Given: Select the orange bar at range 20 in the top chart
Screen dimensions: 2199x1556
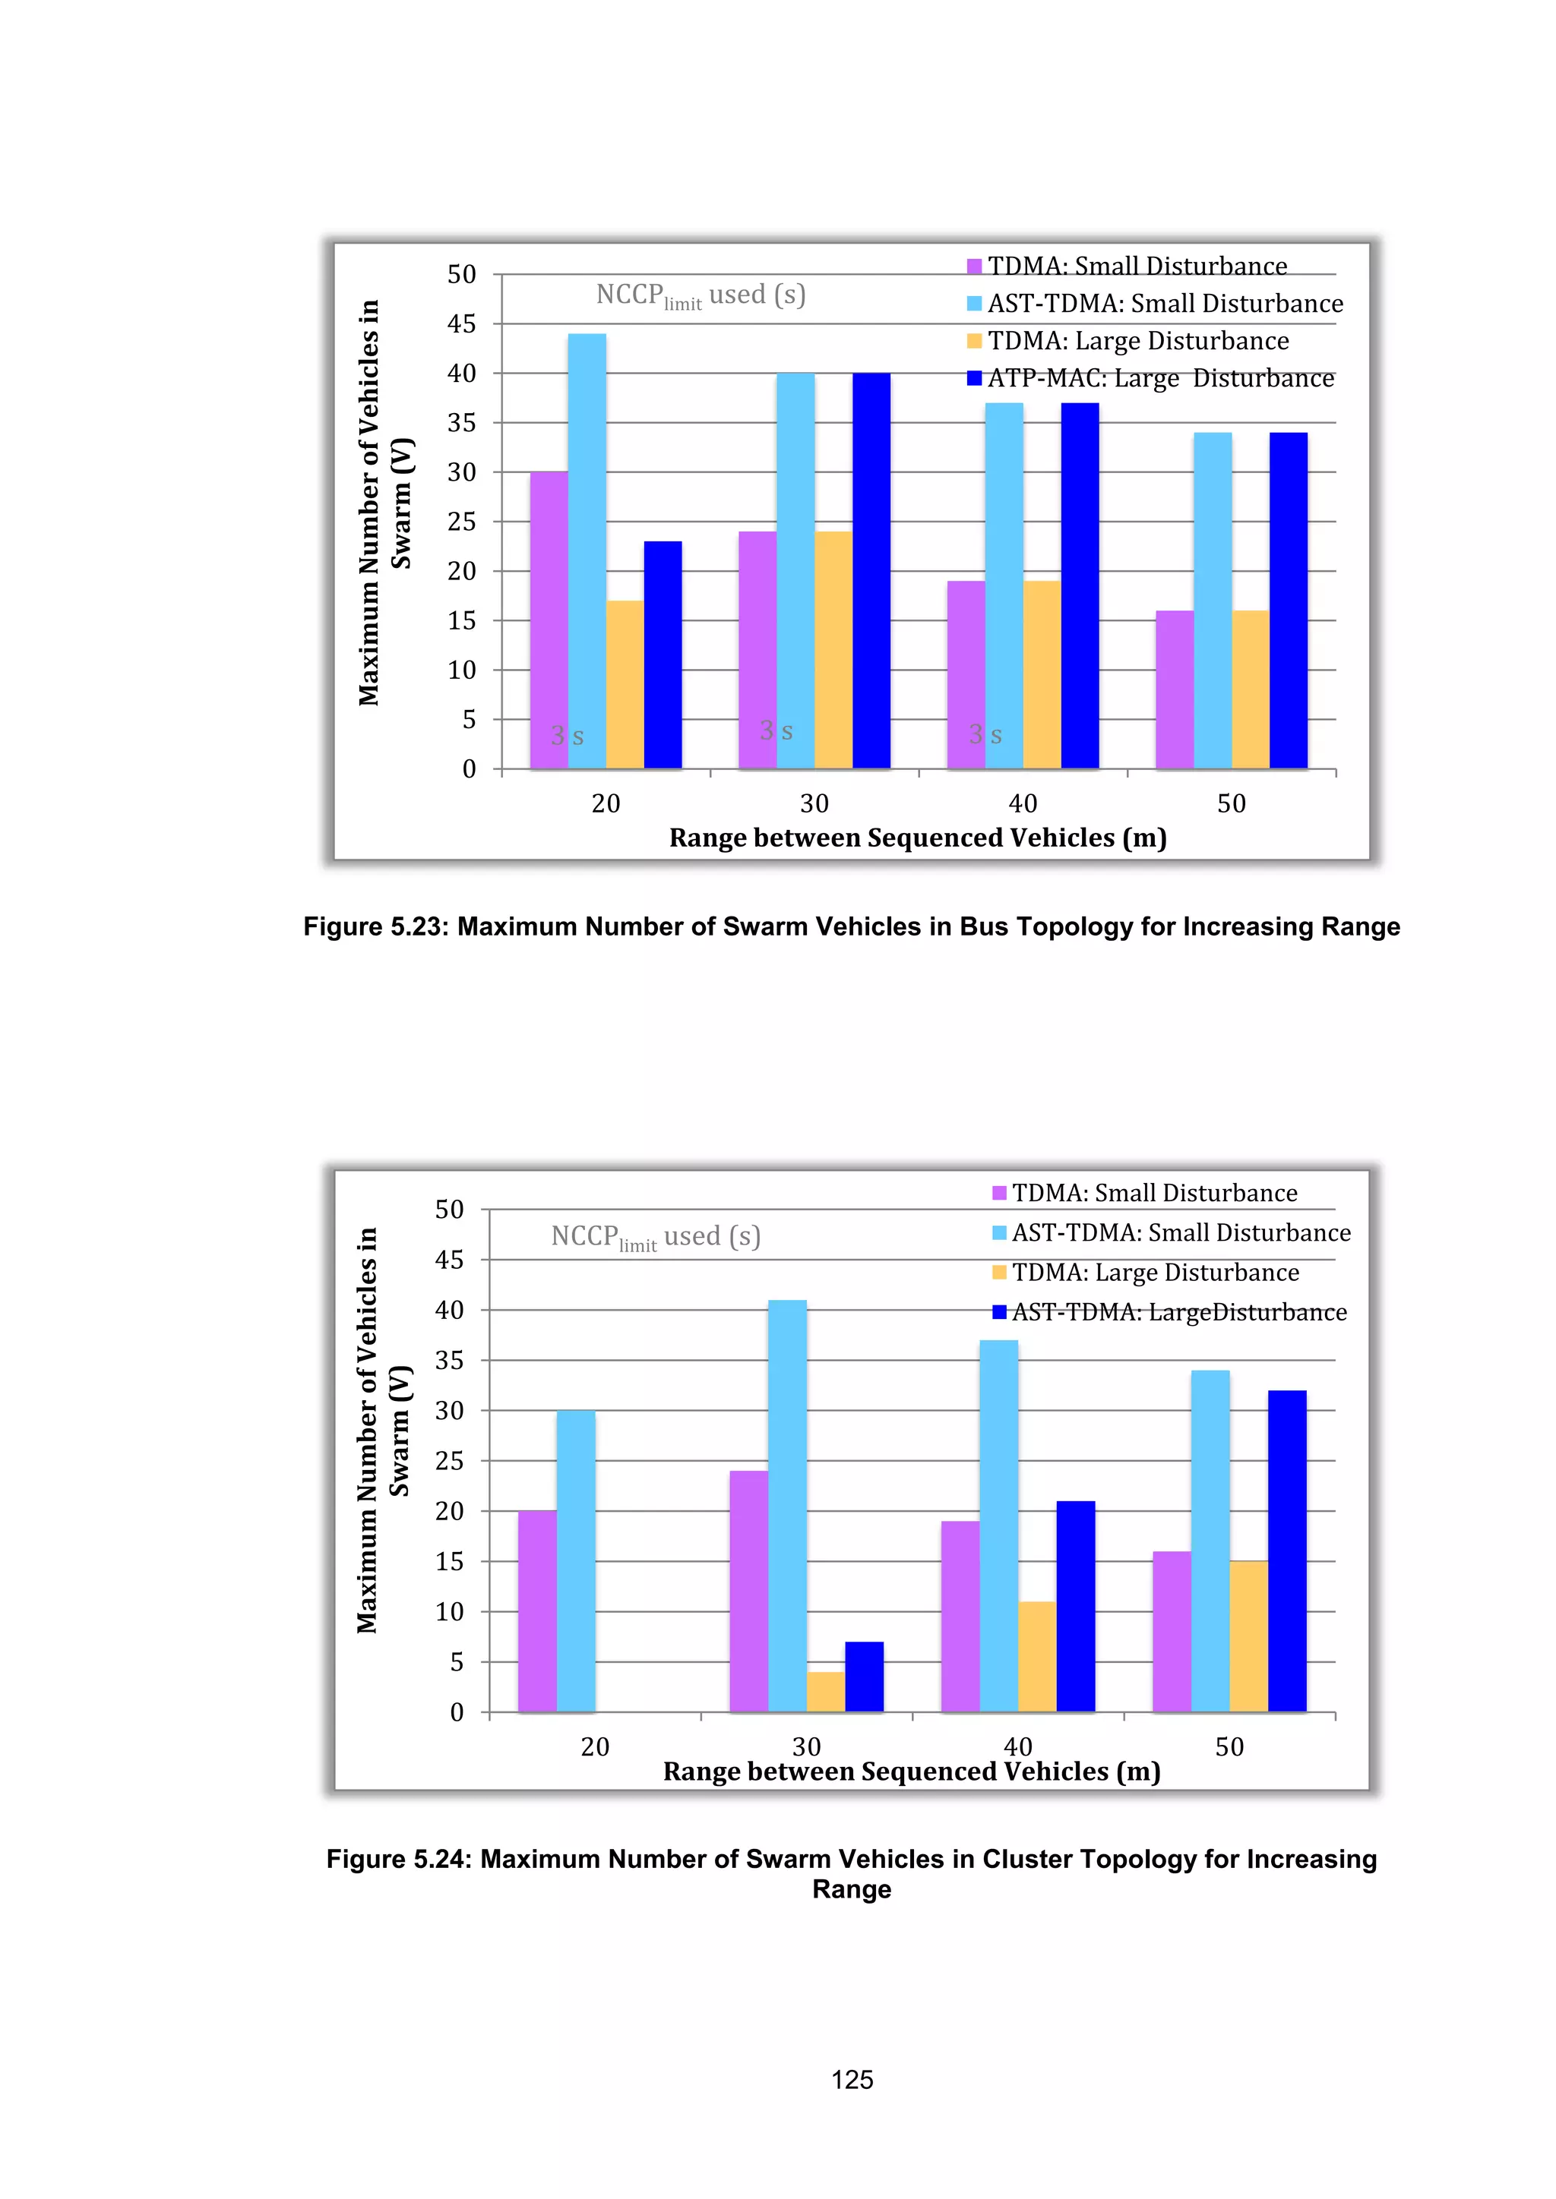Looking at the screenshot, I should tap(625, 684).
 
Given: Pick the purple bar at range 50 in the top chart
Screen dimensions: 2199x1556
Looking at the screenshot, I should tap(1174, 689).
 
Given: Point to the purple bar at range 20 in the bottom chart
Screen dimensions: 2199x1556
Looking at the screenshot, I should tap(536, 1611).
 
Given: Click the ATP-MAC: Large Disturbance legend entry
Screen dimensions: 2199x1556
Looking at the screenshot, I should tap(1150, 378).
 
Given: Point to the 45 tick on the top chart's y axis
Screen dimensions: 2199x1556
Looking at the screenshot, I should tap(461, 323).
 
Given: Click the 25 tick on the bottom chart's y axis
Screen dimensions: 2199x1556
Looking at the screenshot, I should tap(448, 1461).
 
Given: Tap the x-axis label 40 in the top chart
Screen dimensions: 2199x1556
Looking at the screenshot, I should tap(1023, 803).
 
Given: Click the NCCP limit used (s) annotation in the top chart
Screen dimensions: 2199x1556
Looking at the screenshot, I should tap(701, 295).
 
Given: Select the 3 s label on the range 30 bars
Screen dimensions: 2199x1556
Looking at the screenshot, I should tap(776, 730).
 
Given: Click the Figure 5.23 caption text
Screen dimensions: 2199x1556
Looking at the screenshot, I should tap(851, 926).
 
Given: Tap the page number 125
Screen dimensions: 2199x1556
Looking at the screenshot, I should tap(851, 2079).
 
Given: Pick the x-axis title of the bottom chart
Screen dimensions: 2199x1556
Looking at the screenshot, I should tap(911, 1772).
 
